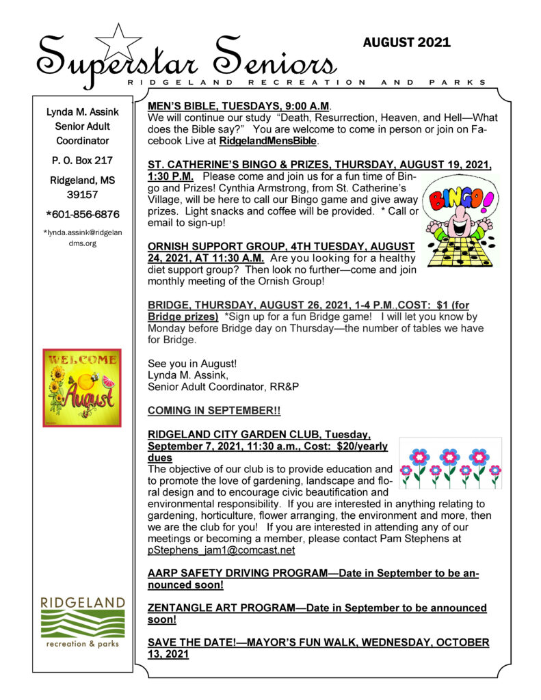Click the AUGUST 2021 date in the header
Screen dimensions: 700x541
pos(406,42)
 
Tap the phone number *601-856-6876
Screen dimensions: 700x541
pos(82,214)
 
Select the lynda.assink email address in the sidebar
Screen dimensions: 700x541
pos(82,237)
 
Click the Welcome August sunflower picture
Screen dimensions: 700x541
pos(82,388)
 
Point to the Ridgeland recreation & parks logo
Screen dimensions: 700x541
pos(82,622)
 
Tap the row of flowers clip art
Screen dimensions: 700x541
pos(450,465)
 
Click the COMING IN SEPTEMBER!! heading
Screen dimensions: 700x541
pos(214,410)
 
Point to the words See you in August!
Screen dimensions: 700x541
pos(186,362)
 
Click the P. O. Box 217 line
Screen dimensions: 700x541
pos(82,161)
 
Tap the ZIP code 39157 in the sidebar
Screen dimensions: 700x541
pos(82,195)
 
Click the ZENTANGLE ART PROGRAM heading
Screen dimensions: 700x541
pos(317,608)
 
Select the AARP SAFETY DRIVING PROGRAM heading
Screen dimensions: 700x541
pos(313,574)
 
